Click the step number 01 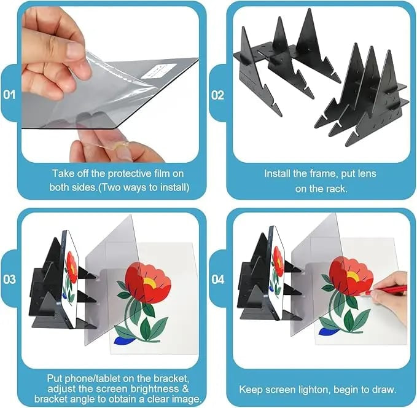click(9, 95)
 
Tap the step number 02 click(218, 95)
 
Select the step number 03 click(10, 279)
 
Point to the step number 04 click(218, 280)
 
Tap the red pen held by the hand click(387, 289)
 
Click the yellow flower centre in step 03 click(150, 283)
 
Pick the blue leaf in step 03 click(123, 340)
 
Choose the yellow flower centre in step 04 click(353, 277)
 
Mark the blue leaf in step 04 click(328, 331)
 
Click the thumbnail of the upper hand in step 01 click(76, 50)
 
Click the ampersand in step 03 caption click(185, 388)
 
